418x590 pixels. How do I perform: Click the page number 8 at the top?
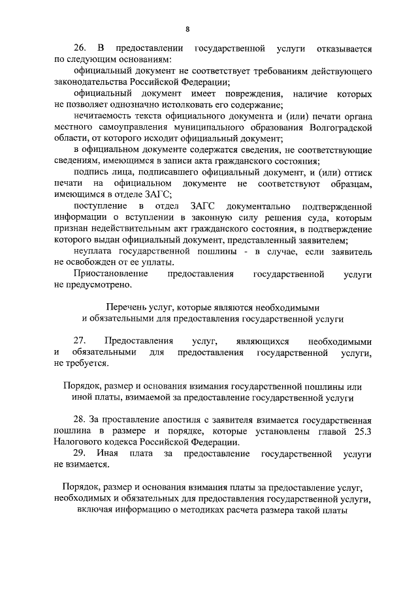[187, 29]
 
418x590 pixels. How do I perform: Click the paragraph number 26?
[80, 48]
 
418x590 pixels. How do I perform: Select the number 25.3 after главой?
[361, 431]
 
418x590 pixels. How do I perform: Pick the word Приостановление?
[110, 274]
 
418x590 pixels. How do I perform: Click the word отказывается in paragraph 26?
[344, 48]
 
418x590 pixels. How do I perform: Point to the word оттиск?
[358, 173]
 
